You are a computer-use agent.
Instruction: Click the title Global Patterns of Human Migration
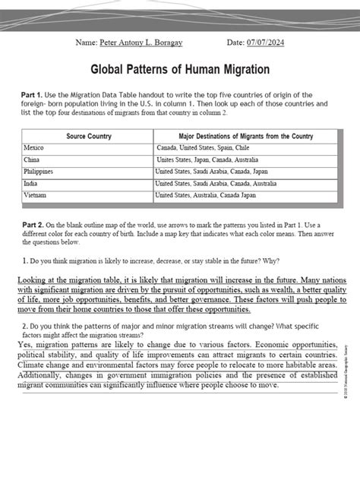coord(181,70)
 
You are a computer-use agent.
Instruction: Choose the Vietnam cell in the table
coord(35,196)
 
